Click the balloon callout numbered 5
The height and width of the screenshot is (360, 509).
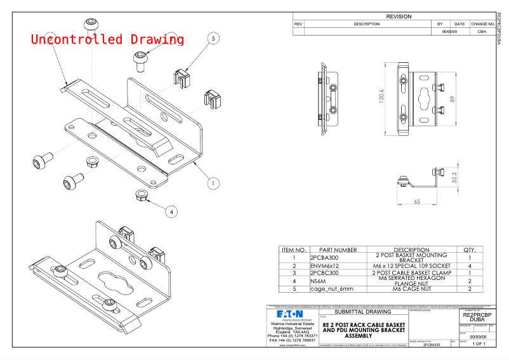click(x=214, y=39)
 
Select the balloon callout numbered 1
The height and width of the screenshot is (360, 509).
click(x=214, y=183)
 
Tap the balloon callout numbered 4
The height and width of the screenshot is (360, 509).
click(x=169, y=211)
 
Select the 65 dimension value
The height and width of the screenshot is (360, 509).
click(x=416, y=201)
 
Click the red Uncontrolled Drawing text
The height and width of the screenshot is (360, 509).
click(x=107, y=39)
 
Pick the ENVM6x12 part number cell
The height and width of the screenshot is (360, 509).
click(x=325, y=265)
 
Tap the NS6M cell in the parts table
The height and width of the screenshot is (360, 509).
click(x=317, y=280)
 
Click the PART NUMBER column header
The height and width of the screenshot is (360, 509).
click(x=338, y=250)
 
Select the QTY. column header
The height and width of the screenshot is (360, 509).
click(x=470, y=250)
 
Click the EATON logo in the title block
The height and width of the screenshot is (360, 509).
click(x=289, y=314)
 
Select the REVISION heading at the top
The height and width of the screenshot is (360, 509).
click(x=399, y=17)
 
